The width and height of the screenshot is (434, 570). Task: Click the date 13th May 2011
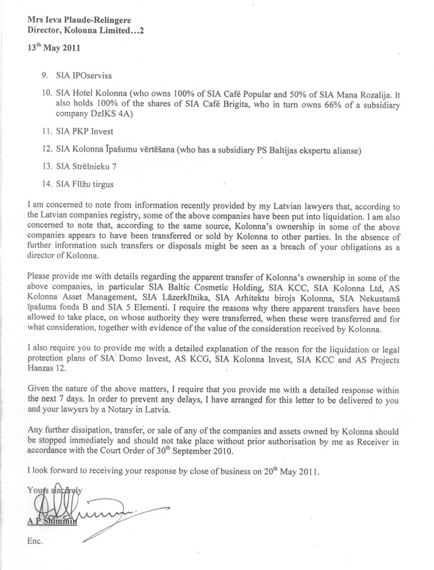(x=51, y=51)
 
